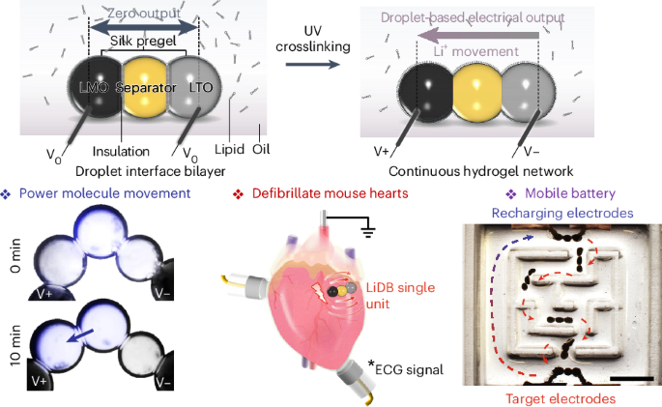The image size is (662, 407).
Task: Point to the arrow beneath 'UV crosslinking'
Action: [x=311, y=65]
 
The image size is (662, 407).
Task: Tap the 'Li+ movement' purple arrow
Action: [x=474, y=39]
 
